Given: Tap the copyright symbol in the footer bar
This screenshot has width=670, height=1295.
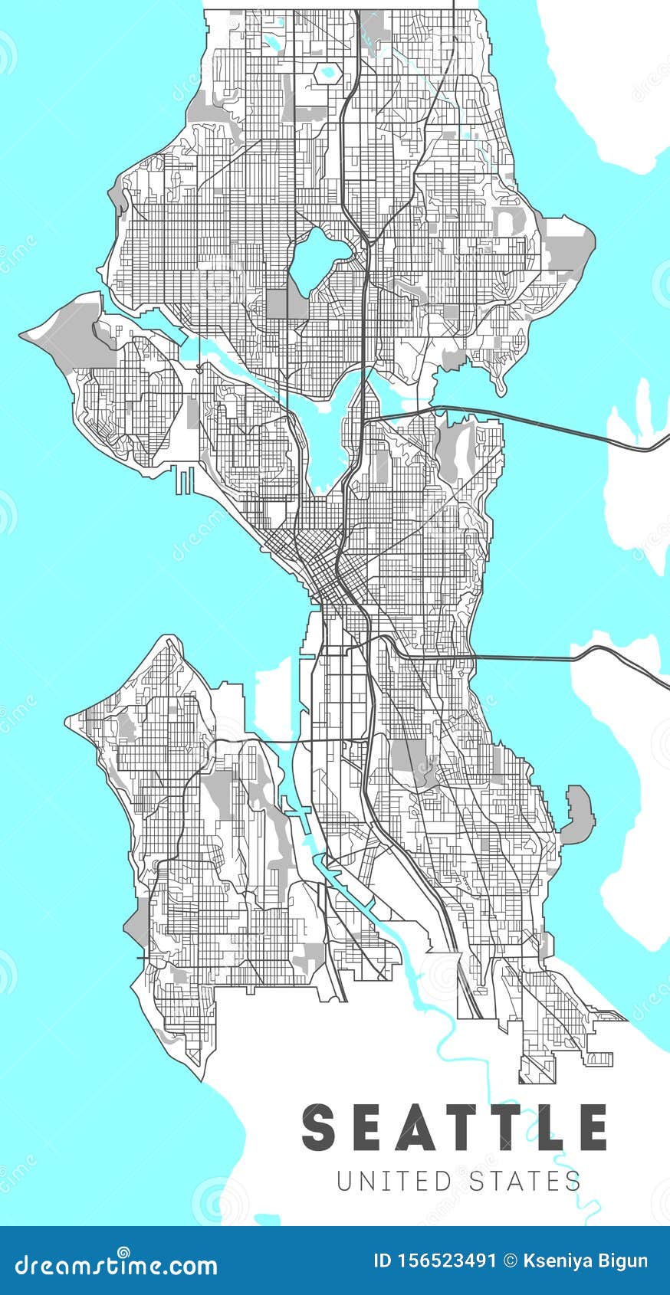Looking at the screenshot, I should (x=509, y=1261).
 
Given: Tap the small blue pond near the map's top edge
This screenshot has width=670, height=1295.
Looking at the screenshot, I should (x=328, y=72).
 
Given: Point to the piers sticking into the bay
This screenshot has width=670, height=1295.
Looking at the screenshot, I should (x=184, y=480).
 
